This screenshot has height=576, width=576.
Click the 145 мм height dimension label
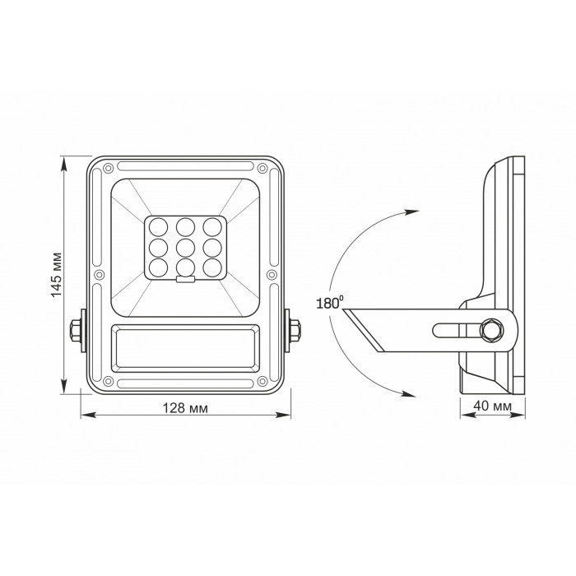[57, 275]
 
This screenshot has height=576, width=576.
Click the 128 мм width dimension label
[185, 408]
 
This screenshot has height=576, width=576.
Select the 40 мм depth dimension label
[492, 406]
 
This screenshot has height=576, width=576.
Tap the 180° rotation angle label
[329, 304]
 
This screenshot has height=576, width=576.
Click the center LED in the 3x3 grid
[185, 248]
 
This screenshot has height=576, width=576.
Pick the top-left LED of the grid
[159, 227]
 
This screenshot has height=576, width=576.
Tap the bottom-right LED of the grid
[212, 268]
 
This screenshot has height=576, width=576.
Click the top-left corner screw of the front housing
[108, 169]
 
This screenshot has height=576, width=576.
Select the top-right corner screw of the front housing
[262, 169]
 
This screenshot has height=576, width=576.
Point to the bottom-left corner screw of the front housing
[108, 381]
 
